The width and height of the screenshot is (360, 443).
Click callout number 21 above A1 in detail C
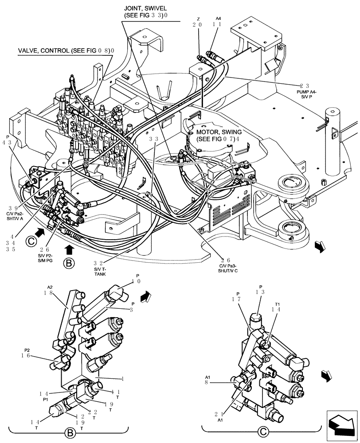click(x=219, y=414)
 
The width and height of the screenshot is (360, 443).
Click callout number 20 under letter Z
click(x=197, y=25)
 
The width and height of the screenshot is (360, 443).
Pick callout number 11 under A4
click(x=217, y=25)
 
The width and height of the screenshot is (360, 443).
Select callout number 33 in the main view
click(x=154, y=139)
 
